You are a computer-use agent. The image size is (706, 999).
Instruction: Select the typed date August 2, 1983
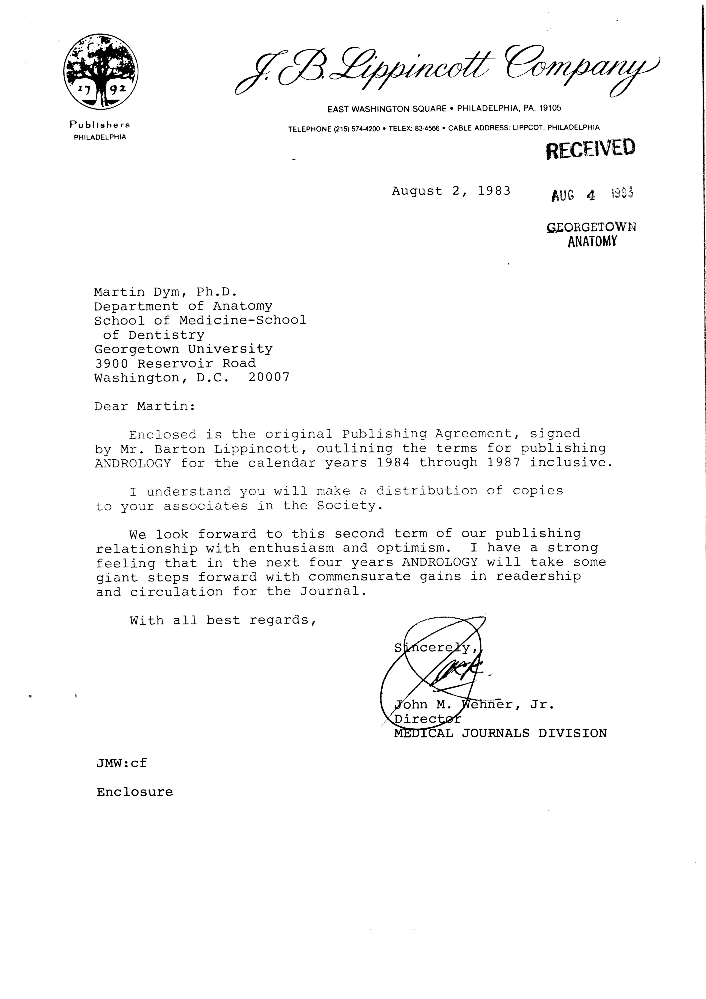tap(451, 191)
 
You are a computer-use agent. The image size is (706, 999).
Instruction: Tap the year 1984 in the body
tap(393, 463)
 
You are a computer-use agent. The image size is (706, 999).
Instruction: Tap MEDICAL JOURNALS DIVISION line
tap(500, 733)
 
